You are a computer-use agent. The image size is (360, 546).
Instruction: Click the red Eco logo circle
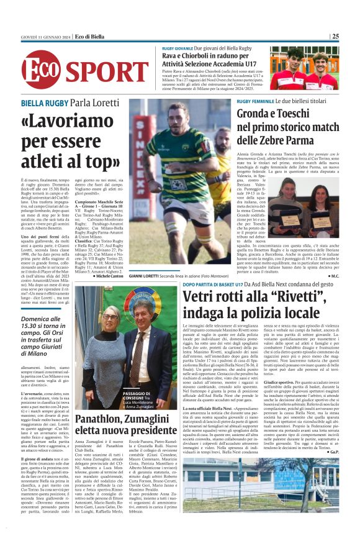coord(40,70)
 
